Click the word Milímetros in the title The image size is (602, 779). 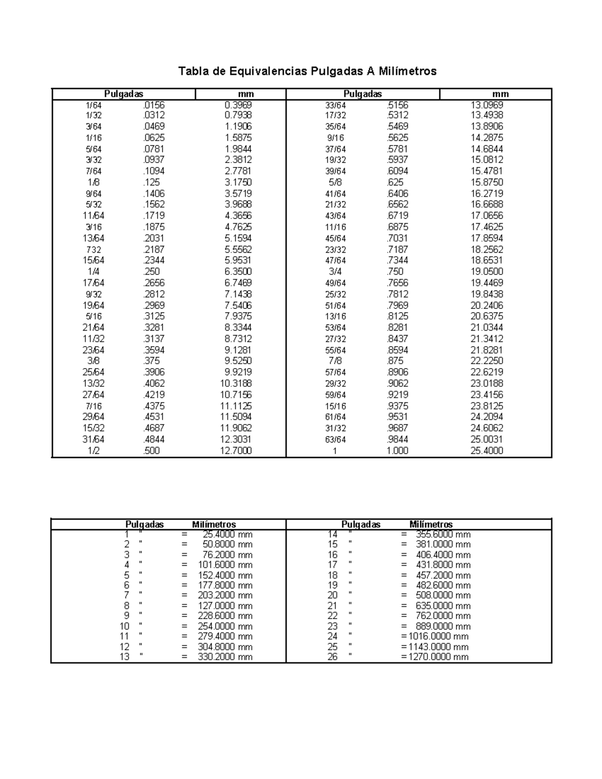[408, 71]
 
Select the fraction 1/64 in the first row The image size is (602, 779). [93, 105]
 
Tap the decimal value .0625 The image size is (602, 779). [154, 138]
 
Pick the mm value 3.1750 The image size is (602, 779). [238, 182]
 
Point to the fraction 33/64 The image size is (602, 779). [336, 105]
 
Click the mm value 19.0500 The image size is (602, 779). [487, 271]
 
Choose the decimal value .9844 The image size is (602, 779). [397, 439]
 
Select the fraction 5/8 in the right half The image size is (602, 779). [335, 182]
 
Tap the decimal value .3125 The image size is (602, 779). [154, 317]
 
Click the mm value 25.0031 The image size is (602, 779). [487, 439]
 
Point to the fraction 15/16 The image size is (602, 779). [336, 406]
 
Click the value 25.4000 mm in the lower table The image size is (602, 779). [228, 534]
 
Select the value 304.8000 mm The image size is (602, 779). [225, 647]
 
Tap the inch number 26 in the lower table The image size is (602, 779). [333, 657]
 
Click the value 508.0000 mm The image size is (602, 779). [443, 595]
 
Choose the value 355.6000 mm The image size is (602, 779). [443, 534]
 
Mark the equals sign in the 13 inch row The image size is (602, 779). [185, 657]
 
